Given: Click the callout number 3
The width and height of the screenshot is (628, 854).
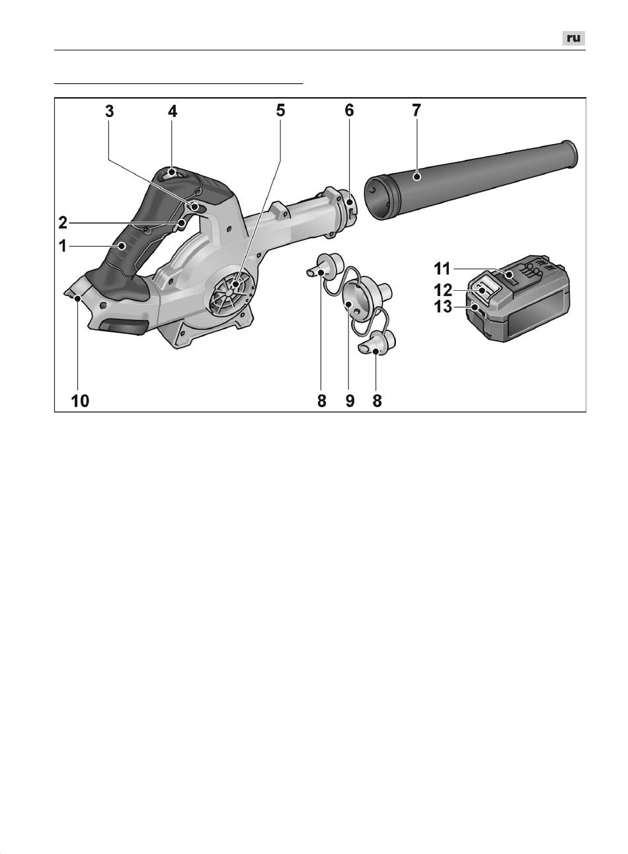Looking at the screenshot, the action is click(110, 111).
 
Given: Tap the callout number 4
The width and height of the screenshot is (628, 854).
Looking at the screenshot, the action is click(173, 111).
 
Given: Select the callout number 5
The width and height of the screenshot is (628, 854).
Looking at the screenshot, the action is click(281, 110).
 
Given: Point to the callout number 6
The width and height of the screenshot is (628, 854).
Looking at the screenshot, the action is click(349, 110).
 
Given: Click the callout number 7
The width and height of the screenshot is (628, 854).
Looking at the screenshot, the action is click(416, 110).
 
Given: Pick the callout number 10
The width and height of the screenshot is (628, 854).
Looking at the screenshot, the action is click(80, 401).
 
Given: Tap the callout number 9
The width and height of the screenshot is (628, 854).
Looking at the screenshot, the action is click(350, 401).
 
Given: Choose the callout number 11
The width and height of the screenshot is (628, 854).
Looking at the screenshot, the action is click(442, 269).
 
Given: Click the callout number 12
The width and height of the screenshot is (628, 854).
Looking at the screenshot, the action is click(443, 291).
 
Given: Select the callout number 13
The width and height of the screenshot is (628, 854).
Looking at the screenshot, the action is click(443, 307).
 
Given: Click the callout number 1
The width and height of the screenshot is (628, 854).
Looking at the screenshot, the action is click(63, 247).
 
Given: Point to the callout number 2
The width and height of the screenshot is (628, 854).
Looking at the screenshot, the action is click(63, 223).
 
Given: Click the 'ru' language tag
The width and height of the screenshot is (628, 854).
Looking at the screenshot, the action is click(574, 38).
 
